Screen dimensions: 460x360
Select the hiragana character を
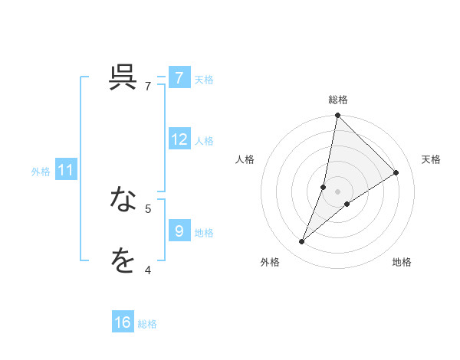pos(123,261)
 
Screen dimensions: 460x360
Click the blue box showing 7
pos(179,78)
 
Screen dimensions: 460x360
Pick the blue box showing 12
pos(179,139)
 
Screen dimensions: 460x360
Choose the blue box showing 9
pos(179,231)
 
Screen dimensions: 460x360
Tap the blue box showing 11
pos(66,170)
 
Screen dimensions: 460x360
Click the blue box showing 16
pos(123,322)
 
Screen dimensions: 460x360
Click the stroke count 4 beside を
pos(147,270)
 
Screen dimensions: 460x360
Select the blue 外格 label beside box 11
pos(41,172)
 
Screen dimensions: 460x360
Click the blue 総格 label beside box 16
pos(147,324)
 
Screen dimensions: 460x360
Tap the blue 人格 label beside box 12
pos(204,141)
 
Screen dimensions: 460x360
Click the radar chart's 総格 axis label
pos(337,100)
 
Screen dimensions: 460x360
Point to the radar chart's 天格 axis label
pos(432,159)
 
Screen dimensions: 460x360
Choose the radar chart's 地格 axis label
pos(402,262)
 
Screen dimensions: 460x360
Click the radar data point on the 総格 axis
pos(337,116)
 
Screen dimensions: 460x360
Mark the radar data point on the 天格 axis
pos(396,172)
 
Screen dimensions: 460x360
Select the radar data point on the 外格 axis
pos(302,242)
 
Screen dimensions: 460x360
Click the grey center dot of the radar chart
pos(337,191)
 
